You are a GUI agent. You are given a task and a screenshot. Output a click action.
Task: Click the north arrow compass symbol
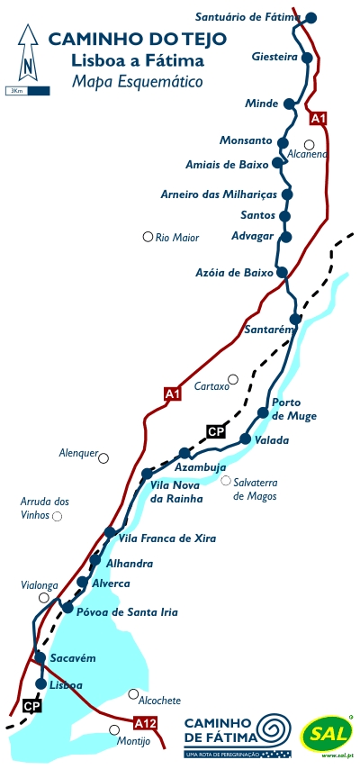28,54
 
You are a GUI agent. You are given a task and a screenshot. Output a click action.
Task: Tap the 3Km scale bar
16,91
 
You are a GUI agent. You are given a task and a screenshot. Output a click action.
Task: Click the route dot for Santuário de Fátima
311,17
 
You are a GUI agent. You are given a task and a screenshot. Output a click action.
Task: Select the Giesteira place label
274,58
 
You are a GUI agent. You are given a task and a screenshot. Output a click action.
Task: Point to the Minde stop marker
289,104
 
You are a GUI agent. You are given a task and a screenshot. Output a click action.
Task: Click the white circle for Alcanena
309,144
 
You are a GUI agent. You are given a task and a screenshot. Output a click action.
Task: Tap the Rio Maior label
176,238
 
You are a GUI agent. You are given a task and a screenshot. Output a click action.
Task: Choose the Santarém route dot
294,319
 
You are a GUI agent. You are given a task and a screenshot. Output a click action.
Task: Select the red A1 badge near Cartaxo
173,393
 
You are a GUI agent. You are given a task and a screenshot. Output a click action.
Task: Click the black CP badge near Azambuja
216,431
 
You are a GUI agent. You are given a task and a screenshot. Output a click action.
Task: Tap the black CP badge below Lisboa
32,706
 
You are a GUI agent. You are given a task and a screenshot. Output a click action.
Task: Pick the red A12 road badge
145,723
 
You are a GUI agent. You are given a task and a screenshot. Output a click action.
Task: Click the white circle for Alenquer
103,458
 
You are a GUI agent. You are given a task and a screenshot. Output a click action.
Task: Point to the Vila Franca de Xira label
167,538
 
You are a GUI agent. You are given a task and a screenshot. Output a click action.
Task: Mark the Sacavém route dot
40,658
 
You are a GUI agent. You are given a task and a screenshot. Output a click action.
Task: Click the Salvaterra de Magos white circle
226,481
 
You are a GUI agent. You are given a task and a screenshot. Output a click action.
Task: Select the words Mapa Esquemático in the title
135,82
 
